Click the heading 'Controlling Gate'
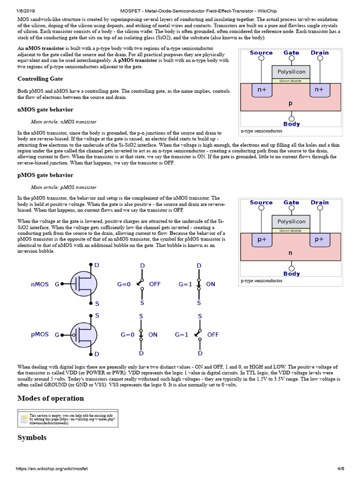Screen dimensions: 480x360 40,79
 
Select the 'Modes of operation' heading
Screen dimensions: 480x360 51,398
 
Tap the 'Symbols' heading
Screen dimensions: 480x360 32,437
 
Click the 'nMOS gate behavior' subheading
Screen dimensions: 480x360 45,110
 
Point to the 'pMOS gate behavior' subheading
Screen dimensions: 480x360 45,175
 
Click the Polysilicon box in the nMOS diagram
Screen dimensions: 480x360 291,72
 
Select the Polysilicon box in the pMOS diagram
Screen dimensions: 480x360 291,221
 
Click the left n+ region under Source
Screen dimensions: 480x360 262,89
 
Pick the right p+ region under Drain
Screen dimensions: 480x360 319,239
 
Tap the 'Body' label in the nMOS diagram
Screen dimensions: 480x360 292,124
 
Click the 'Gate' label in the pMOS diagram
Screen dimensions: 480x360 291,202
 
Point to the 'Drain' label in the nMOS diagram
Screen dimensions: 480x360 320,53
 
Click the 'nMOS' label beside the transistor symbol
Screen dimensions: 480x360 40,284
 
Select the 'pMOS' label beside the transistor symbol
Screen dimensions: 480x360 40,335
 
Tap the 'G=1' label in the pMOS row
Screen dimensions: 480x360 181,335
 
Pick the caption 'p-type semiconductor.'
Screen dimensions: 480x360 262,281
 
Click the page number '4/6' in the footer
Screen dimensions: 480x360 340,469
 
